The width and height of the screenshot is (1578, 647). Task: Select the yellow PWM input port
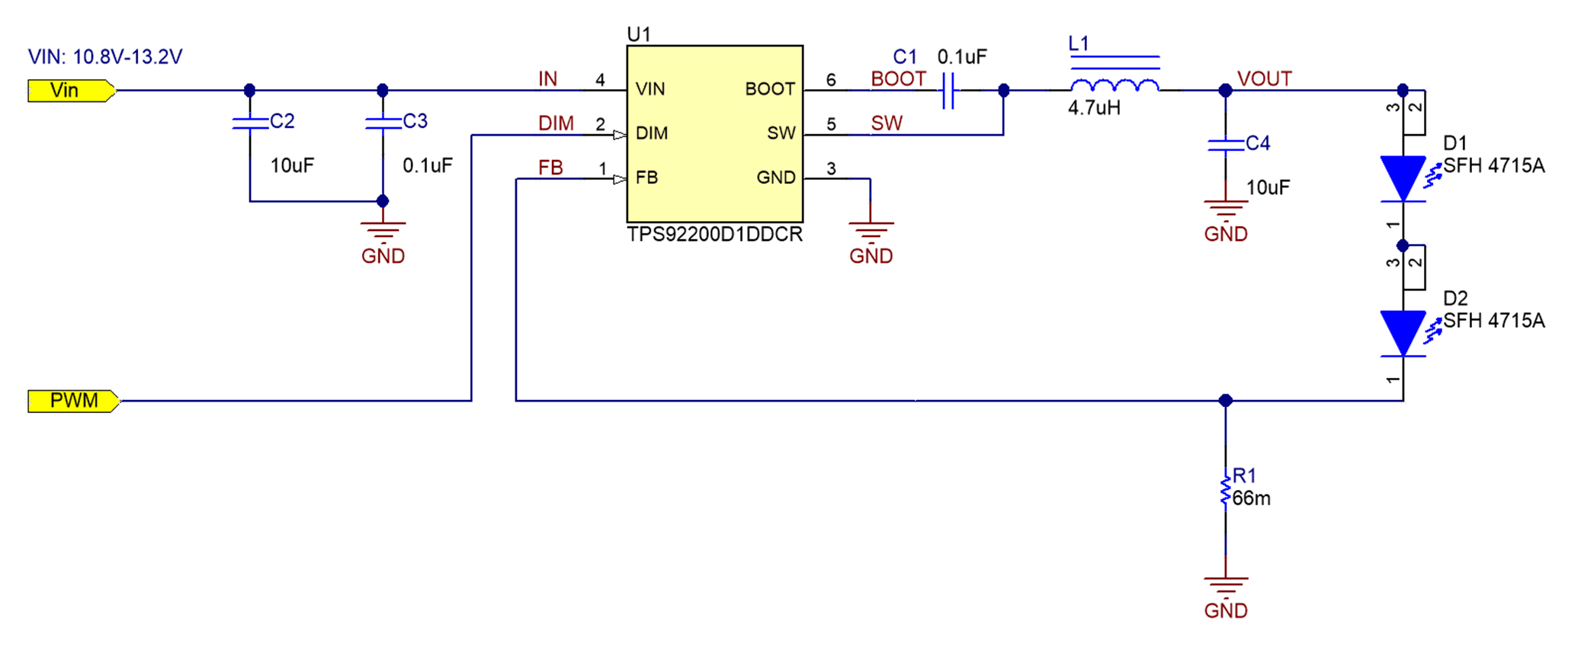coord(73,401)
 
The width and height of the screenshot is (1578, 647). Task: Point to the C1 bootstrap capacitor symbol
coord(948,91)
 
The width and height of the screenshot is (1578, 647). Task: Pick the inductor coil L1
coord(1115,84)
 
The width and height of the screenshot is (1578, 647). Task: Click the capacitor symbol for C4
coord(1225,146)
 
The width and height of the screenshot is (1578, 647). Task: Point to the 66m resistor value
coord(1252,499)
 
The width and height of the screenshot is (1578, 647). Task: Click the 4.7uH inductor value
coord(1094,108)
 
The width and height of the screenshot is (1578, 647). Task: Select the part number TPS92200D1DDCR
coord(714,235)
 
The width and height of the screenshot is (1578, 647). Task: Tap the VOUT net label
coord(1264,79)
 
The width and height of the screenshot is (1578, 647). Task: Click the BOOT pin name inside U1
coord(769,89)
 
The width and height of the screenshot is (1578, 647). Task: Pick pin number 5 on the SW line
coord(831,124)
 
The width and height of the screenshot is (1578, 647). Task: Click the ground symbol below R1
coord(1225,588)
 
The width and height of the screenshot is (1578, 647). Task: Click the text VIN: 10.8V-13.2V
coord(105,57)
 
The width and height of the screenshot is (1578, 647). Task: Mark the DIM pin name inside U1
coord(652,133)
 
